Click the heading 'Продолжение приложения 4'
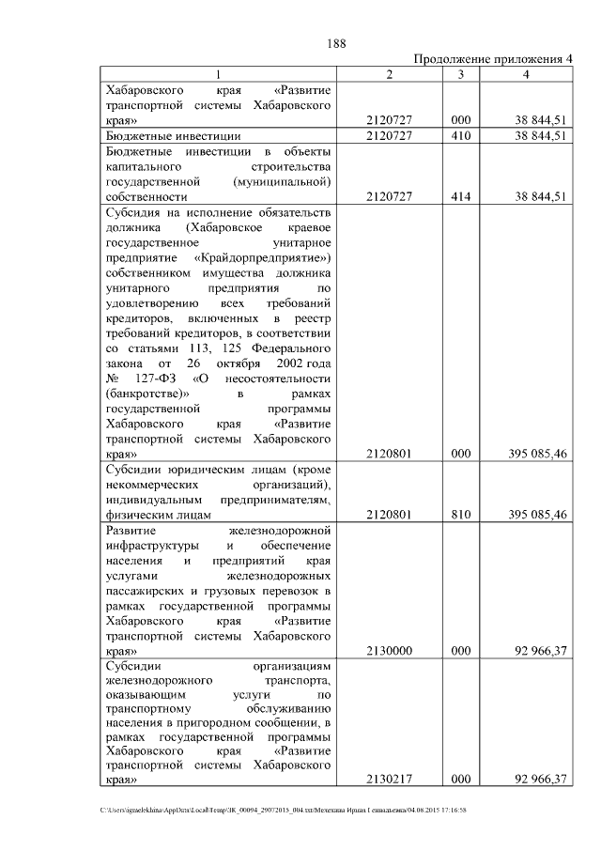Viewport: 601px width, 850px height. pyautogui.click(x=493, y=59)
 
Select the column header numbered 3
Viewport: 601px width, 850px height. pyautogui.click(x=460, y=74)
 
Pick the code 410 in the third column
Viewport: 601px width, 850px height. pyautogui.click(x=460, y=136)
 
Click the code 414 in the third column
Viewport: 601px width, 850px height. pyautogui.click(x=460, y=196)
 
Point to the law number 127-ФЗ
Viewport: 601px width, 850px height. pyautogui.click(x=154, y=378)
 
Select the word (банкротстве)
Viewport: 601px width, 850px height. pyautogui.click(x=143, y=394)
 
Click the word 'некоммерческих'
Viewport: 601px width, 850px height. pyautogui.click(x=152, y=484)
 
